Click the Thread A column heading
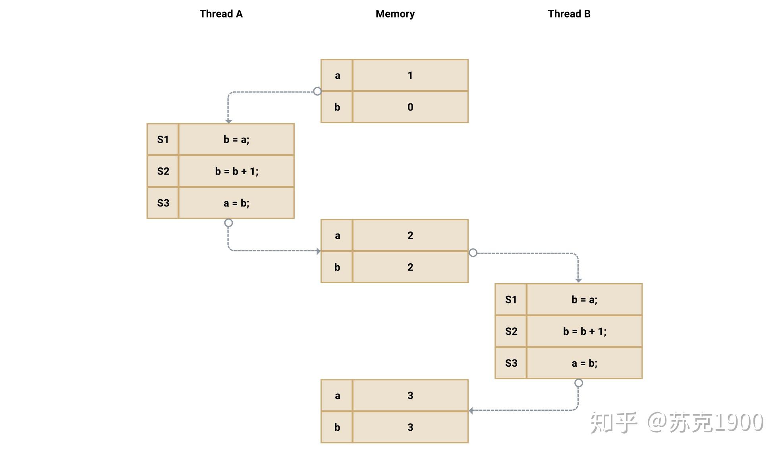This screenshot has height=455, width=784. tap(221, 14)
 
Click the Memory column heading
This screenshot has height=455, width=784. tap(395, 14)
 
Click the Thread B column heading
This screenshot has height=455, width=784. tap(569, 14)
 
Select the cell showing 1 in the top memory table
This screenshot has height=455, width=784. tap(410, 75)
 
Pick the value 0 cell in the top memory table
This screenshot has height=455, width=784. tap(410, 107)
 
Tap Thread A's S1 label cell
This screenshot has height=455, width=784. tap(163, 140)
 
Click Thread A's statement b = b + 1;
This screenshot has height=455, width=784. tap(236, 171)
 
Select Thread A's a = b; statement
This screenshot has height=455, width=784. tap(236, 203)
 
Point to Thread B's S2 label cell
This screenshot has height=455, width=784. tap(511, 331)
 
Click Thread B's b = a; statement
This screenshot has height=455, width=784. tap(584, 300)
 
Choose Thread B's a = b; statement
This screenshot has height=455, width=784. tap(584, 363)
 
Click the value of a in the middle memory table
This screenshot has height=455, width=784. tap(410, 235)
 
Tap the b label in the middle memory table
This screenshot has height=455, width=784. tap(337, 267)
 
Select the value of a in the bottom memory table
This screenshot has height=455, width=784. tap(410, 396)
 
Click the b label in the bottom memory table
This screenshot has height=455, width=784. tap(337, 428)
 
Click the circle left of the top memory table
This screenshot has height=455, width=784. tap(317, 91)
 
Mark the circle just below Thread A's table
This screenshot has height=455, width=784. tap(228, 223)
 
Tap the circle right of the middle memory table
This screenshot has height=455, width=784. tap(473, 253)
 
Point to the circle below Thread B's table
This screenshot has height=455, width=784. tap(579, 383)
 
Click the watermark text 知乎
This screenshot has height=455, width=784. tap(614, 422)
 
